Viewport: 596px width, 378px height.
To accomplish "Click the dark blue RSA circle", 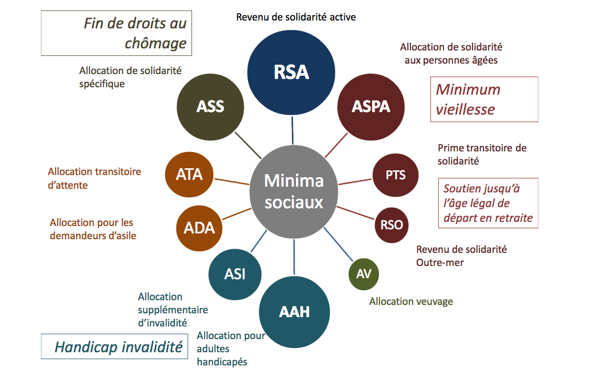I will [x=291, y=73].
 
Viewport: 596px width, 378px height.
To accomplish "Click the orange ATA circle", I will [x=189, y=174].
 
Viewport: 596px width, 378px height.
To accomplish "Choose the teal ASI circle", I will [x=234, y=274].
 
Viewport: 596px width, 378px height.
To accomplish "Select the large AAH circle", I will [x=294, y=312].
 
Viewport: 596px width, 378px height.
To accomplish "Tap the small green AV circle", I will [x=364, y=274].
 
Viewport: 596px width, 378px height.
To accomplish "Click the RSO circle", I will [x=392, y=225].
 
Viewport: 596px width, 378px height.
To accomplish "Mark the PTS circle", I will [x=395, y=175].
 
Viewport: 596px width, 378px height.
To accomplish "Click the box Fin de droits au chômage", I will [x=116, y=33].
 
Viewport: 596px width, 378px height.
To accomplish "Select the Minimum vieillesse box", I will [x=484, y=99].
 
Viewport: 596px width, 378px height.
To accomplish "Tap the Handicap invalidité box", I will [x=115, y=347].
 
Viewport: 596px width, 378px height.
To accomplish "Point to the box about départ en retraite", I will [x=488, y=203].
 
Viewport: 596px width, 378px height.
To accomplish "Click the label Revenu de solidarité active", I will [x=296, y=17].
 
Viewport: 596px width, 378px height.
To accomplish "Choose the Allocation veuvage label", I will [x=411, y=301].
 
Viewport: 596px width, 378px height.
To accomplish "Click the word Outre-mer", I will [x=440, y=262].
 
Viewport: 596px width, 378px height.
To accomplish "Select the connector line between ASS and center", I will [x=248, y=145].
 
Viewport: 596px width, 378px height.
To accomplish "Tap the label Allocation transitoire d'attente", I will [x=95, y=178].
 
